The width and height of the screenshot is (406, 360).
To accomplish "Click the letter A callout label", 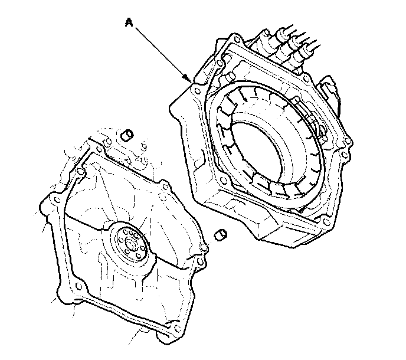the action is point(129,22).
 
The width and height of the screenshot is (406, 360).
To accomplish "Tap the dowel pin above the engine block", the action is point(127,136).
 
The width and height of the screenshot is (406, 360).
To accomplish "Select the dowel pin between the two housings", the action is point(221,235).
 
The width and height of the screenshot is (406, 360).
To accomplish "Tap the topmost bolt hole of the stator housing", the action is point(237,40).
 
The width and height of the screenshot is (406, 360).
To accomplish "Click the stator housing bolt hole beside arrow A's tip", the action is point(197,91).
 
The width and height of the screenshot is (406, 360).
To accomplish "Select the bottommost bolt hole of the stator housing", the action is point(326,222).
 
